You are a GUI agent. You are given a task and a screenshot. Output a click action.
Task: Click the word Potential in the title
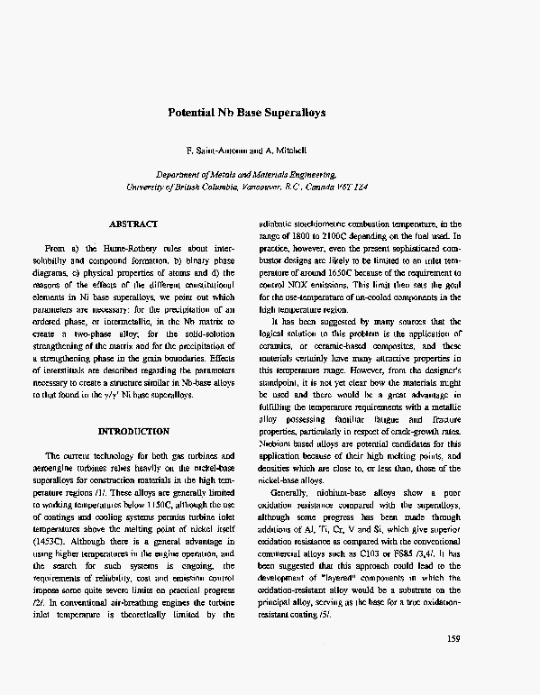click(x=192, y=114)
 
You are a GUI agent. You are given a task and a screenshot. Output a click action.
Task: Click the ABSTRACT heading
click(x=133, y=223)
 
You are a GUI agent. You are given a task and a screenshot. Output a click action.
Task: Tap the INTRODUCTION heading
click(x=133, y=432)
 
